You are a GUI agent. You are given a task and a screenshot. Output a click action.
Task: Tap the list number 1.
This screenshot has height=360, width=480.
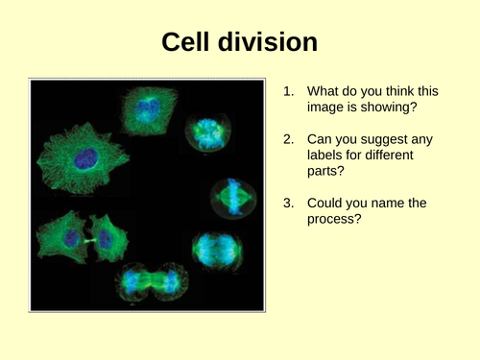(x=287, y=91)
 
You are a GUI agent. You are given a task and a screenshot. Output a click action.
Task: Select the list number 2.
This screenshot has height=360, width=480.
(x=287, y=140)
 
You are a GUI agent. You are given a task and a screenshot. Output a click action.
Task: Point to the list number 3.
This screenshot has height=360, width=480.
(x=287, y=204)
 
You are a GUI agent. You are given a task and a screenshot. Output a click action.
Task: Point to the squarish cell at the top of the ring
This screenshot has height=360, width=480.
(x=144, y=110)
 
